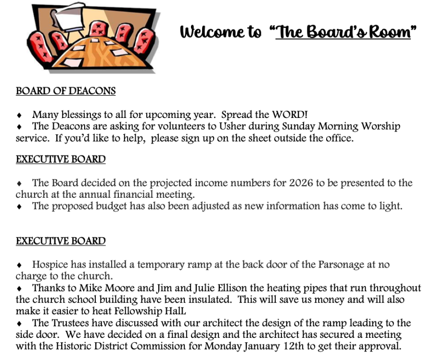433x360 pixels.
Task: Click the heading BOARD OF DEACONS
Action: pyautogui.click(x=65, y=91)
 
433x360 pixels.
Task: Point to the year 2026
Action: pyautogui.click(x=301, y=183)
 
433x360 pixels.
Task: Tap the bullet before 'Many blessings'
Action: pyautogui.click(x=19, y=116)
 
